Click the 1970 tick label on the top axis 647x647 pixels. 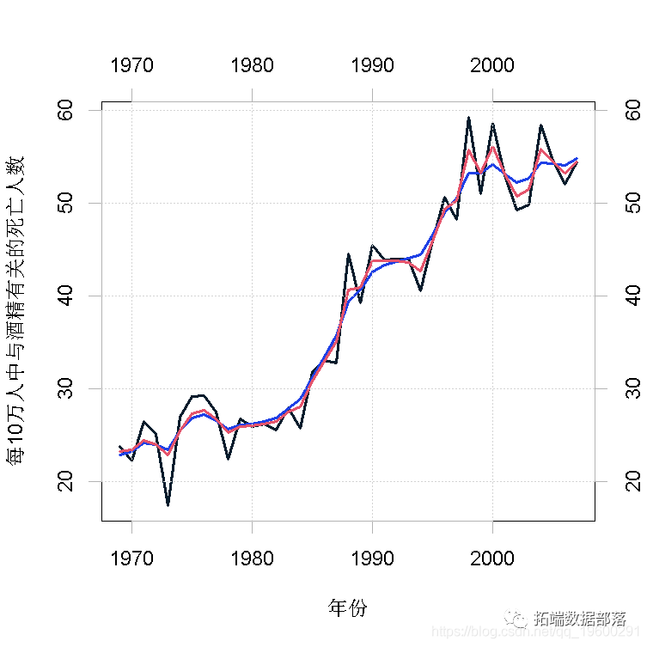131,65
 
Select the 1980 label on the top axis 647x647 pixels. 252,65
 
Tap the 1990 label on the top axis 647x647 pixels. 372,65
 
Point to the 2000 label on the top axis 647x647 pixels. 492,65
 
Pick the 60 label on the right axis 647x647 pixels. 632,111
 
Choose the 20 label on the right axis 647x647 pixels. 632,481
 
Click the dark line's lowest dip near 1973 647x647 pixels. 168,504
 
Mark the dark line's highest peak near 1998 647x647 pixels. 468,118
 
